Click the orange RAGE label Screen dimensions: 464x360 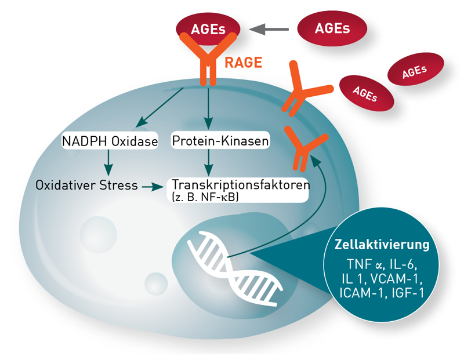coord(243,63)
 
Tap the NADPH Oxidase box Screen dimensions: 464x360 coord(110,140)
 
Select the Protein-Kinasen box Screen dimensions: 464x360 coord(220,140)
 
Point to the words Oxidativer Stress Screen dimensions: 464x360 coord(86,185)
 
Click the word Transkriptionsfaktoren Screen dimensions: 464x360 coord(241,184)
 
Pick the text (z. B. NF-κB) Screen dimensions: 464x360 coord(205,197)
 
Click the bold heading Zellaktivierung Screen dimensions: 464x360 coord(382,245)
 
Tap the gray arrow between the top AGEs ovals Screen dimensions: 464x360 coord(269,30)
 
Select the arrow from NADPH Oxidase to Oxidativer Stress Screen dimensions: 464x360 coord(108,163)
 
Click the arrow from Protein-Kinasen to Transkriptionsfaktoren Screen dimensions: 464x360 coord(209,163)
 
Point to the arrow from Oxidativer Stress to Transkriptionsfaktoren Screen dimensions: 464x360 coord(153,187)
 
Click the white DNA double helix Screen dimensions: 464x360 coord(235,268)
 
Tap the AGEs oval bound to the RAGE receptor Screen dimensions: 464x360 coord(208,28)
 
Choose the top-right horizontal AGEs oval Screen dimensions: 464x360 coord(332,28)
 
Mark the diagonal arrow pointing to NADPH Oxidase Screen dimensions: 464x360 coord(159,108)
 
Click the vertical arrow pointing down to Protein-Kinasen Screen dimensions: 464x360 coord(209,108)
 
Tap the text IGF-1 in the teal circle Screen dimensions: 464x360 coord(408,293)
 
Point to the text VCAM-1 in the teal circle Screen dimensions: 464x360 coord(396,278)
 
